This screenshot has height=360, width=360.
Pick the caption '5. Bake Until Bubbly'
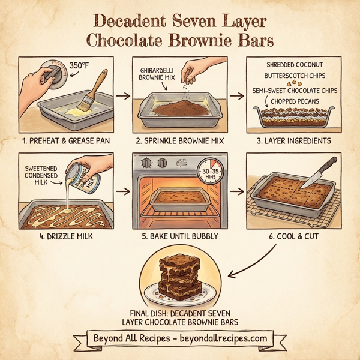point(179,236)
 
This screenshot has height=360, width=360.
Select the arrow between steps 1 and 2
point(123,96)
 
